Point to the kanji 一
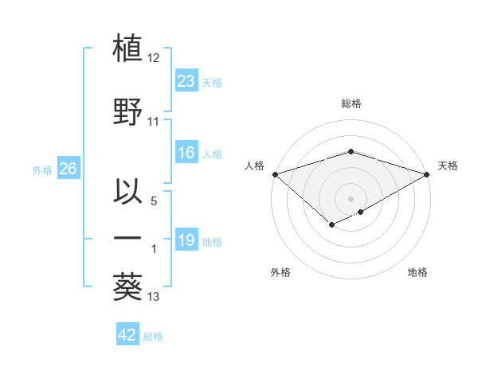tap(128, 237)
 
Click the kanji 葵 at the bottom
tap(128, 286)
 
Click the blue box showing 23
tap(186, 80)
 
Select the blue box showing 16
tap(186, 153)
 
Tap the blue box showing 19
tap(186, 240)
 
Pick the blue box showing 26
tap(68, 169)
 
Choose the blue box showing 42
tap(127, 335)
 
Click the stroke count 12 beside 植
tap(154, 58)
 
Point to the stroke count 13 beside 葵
tap(154, 298)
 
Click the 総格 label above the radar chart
tap(351, 103)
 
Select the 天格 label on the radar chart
tap(448, 166)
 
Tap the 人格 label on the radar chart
tap(254, 166)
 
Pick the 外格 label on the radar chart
tap(280, 272)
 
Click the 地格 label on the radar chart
tap(417, 272)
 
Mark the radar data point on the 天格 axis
tap(427, 173)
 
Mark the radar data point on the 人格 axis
tap(275, 173)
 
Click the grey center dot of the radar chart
tap(351, 198)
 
